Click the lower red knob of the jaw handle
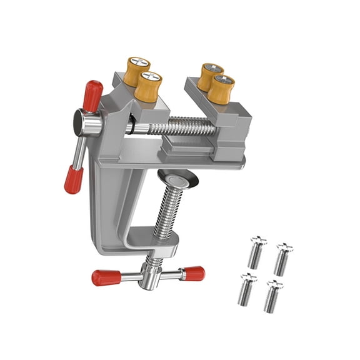pos(73,179)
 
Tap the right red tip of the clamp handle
pos(193,273)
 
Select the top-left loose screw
pos(256,252)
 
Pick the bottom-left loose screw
pos(246,289)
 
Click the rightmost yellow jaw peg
pos(221,89)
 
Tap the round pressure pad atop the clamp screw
pos(177,177)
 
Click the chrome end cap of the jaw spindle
pos(82,122)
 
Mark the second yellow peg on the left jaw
pos(149,86)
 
